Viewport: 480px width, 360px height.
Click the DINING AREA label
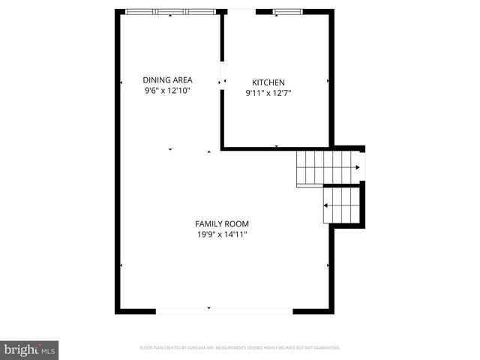[168, 79]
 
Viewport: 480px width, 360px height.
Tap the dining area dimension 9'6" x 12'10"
[168, 91]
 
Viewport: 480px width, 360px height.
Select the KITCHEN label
[268, 82]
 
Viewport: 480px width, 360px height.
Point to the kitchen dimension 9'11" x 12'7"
[268, 94]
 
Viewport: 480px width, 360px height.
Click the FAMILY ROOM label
[222, 223]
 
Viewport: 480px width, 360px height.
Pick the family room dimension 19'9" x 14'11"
[222, 235]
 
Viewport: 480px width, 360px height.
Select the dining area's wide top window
[170, 12]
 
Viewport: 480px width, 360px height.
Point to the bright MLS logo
[30, 349]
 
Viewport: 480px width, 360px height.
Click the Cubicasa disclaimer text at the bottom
[240, 348]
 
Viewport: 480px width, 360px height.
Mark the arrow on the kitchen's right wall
[328, 79]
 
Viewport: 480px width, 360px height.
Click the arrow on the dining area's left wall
[121, 81]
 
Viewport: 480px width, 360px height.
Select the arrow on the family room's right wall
[328, 265]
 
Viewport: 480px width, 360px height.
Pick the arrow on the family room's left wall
[121, 265]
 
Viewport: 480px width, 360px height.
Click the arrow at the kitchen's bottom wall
[276, 145]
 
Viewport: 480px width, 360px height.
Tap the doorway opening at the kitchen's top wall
[241, 11]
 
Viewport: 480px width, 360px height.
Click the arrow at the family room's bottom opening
[208, 307]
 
